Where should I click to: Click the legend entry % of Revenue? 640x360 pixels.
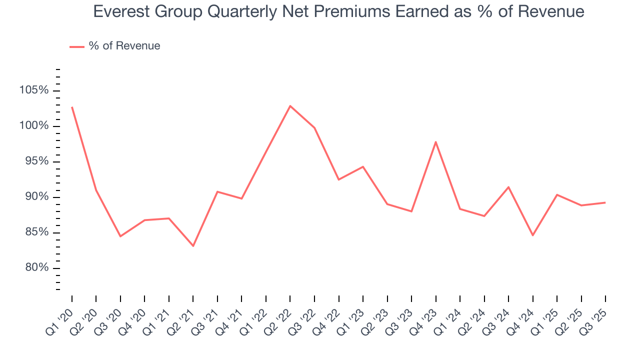coord(124,46)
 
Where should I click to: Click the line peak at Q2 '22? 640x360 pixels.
coord(290,106)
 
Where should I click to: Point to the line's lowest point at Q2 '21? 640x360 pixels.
coord(193,246)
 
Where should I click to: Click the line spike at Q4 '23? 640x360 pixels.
coord(436,142)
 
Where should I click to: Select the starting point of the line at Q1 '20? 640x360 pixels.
coord(72,107)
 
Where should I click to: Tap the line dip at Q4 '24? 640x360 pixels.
coord(533,235)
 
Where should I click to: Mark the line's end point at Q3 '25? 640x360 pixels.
coord(605,202)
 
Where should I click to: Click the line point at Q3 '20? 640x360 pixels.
coord(120,236)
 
